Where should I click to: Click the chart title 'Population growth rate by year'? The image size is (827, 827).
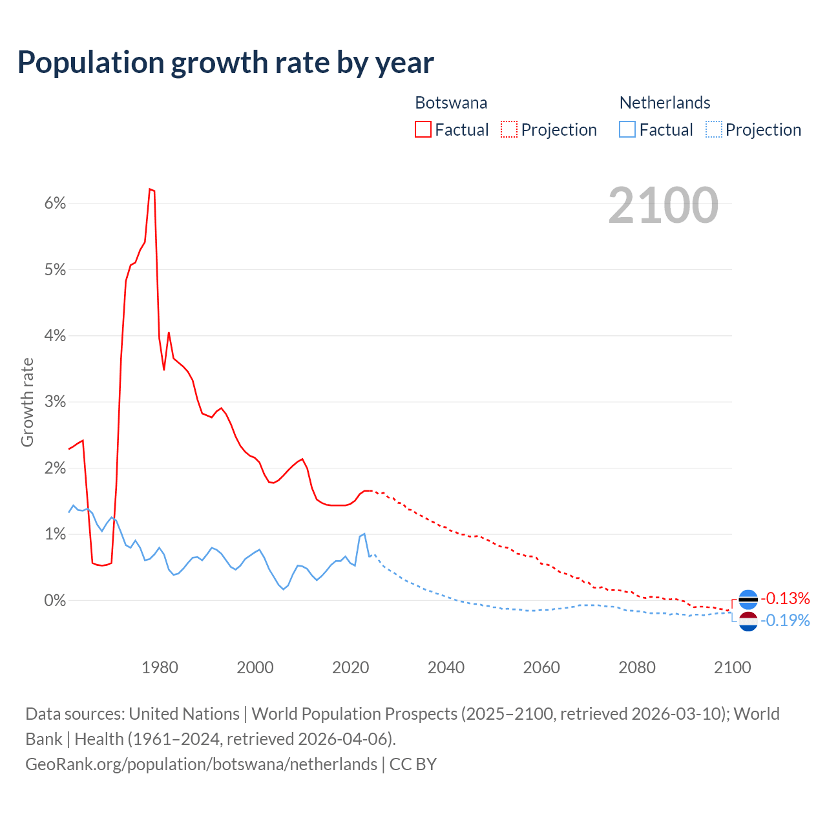tap(225, 63)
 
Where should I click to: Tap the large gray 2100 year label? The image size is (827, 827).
tap(663, 205)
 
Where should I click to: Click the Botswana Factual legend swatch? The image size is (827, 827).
tap(423, 129)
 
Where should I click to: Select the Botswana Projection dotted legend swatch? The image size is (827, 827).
tap(509, 129)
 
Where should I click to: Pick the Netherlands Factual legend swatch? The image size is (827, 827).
tap(627, 129)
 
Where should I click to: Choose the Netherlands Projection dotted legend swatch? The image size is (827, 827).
tap(713, 129)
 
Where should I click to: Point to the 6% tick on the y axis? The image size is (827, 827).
tap(56, 204)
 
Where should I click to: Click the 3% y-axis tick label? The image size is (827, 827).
tap(56, 402)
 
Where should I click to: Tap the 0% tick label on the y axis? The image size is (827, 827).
tap(56, 600)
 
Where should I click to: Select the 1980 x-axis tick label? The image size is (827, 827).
tap(160, 667)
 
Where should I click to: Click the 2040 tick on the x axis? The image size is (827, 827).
tap(446, 667)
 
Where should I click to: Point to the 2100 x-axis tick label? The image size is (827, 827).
tap(732, 667)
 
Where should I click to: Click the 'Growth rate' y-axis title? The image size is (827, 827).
tap(27, 402)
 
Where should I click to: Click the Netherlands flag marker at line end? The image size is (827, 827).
tap(748, 621)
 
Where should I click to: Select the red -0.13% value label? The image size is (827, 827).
tap(785, 598)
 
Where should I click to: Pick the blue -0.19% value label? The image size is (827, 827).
tap(785, 621)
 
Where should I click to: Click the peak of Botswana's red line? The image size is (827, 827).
tap(150, 189)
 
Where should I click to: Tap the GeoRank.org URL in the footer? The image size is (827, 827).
tap(201, 764)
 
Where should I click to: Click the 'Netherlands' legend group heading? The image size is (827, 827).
tap(665, 103)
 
